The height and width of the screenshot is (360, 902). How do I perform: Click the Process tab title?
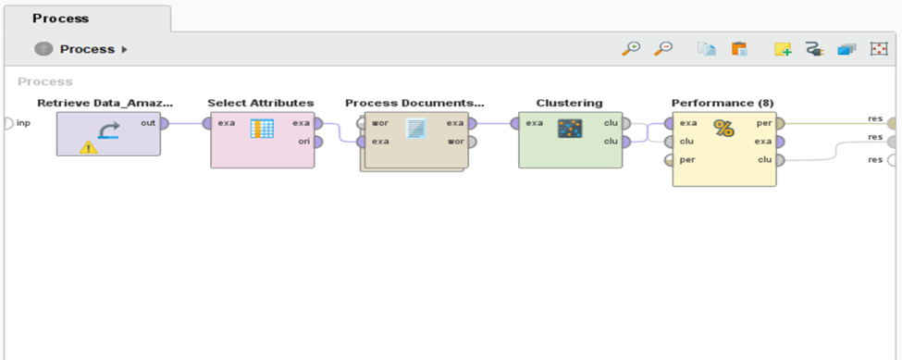coord(60,18)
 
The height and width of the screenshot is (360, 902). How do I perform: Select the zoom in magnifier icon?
coord(631,49)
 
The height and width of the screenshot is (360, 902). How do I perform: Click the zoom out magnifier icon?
coord(663,49)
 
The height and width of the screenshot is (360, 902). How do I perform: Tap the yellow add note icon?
coord(783,49)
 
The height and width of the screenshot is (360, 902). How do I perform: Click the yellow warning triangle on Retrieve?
coord(89,145)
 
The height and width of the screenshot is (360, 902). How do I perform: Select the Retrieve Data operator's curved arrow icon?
coord(108,130)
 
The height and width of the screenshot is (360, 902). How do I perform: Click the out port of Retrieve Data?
coord(164,123)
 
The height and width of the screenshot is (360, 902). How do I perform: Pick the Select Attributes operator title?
coord(260,103)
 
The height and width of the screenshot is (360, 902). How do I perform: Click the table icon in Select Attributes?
coord(262,130)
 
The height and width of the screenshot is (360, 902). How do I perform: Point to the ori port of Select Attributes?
coord(317,142)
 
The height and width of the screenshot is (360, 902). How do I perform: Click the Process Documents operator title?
coord(414,103)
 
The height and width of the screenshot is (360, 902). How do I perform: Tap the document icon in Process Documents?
coord(415,130)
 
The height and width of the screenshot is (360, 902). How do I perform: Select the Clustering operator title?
coord(569,103)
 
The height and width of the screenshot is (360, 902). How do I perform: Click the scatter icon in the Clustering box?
coord(569,130)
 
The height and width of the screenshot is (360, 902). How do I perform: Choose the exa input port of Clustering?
coord(515,123)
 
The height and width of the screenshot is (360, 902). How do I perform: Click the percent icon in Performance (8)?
coord(723,130)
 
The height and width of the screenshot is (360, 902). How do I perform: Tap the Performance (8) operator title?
coord(723,103)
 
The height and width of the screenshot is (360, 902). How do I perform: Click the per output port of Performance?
coord(779,123)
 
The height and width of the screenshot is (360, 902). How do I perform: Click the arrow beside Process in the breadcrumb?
coord(125,49)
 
